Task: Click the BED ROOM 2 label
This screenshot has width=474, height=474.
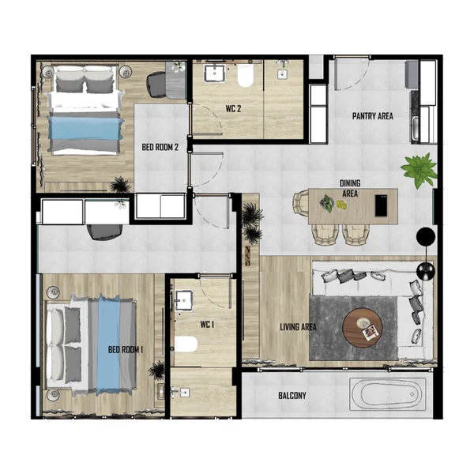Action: [160, 147]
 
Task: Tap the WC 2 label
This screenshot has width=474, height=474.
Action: [233, 109]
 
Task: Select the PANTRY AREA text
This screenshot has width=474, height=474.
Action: [372, 116]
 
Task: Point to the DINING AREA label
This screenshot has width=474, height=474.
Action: [350, 188]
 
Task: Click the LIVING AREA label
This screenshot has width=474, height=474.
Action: [298, 327]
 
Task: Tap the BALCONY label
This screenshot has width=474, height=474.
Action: [292, 396]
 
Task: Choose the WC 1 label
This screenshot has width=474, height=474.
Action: [207, 325]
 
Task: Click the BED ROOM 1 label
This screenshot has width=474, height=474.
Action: [126, 350]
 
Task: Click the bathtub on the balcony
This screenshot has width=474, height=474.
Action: [388, 394]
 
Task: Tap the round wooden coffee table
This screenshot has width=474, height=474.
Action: [363, 328]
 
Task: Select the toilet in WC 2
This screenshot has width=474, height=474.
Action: [245, 75]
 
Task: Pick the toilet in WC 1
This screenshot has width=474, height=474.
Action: [186, 344]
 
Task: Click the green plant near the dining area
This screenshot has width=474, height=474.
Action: [419, 170]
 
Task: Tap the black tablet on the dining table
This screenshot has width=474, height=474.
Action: [381, 205]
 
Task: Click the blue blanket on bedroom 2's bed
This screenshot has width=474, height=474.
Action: [85, 127]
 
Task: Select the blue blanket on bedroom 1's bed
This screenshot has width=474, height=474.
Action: [108, 345]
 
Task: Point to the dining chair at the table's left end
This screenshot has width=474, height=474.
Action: [301, 203]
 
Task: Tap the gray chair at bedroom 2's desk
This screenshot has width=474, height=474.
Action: [157, 85]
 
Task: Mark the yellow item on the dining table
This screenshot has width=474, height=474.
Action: [341, 205]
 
